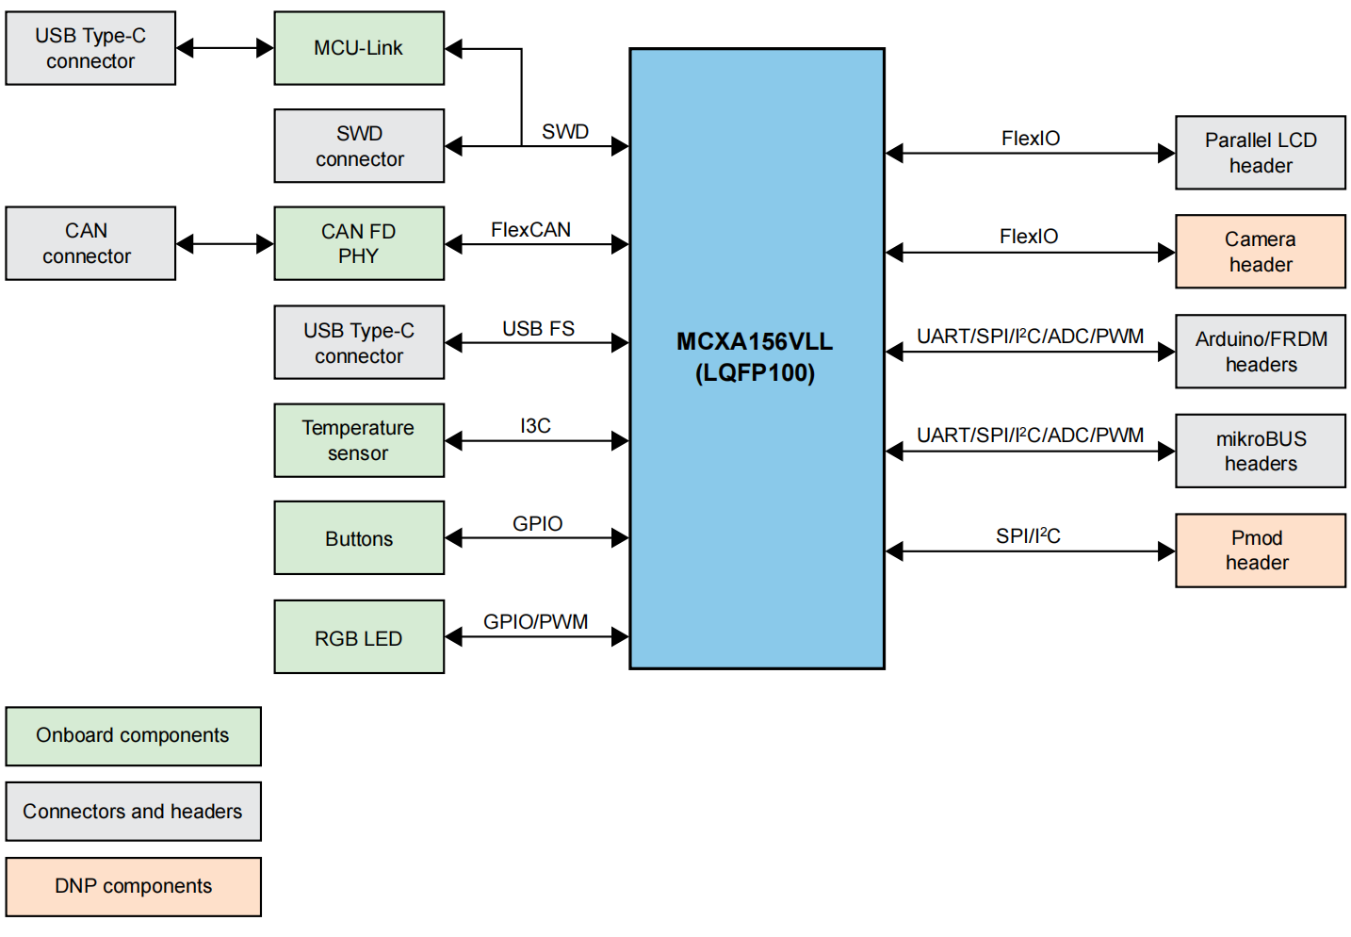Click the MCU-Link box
point(359,48)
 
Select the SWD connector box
point(359,146)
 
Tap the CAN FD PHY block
point(359,243)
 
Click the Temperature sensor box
point(359,440)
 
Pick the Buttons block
point(359,538)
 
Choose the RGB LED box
point(359,637)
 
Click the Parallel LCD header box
point(1261,153)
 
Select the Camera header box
point(1261,252)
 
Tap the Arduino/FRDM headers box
point(1261,352)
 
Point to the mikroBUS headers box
point(1261,451)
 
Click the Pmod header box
point(1261,551)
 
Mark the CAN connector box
point(90,243)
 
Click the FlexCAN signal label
point(530,230)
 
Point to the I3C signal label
point(535,426)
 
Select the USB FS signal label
point(538,329)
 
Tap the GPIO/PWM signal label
point(535,622)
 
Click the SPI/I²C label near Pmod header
point(1028,536)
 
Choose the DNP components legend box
point(134,886)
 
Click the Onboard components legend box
point(134,736)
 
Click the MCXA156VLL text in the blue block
point(755,341)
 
